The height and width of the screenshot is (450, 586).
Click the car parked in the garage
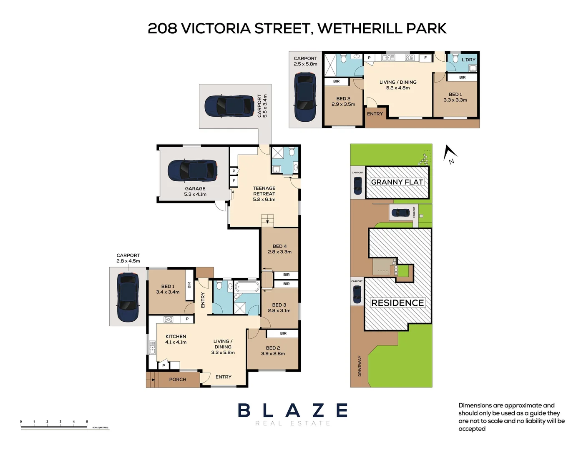click(x=192, y=170)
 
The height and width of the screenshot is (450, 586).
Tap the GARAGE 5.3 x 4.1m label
click(x=195, y=192)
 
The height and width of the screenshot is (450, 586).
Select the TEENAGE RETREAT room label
click(x=264, y=194)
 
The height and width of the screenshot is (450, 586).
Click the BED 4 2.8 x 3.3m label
click(x=279, y=249)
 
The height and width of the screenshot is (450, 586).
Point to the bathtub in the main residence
click(x=247, y=287)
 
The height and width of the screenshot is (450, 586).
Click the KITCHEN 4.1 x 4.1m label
click(x=176, y=339)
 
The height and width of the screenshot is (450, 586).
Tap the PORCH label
click(x=178, y=380)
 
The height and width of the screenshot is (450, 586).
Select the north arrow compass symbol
click(x=450, y=154)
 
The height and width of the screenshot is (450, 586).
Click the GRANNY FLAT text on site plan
click(x=397, y=182)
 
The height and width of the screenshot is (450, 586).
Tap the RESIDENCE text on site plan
click(x=397, y=303)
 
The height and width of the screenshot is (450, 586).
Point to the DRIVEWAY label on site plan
click(x=360, y=366)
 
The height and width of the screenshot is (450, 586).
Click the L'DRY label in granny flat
click(x=468, y=60)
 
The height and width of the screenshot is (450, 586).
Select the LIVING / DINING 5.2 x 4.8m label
click(x=398, y=85)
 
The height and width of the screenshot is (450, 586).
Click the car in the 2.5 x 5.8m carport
click(x=305, y=97)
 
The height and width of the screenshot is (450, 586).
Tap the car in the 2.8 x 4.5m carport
click(x=128, y=297)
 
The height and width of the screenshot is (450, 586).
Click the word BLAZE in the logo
click(x=293, y=411)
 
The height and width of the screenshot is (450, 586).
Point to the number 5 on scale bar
click(x=87, y=422)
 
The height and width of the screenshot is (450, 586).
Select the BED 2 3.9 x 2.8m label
click(x=273, y=351)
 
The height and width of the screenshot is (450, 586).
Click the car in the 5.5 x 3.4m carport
click(x=229, y=106)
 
